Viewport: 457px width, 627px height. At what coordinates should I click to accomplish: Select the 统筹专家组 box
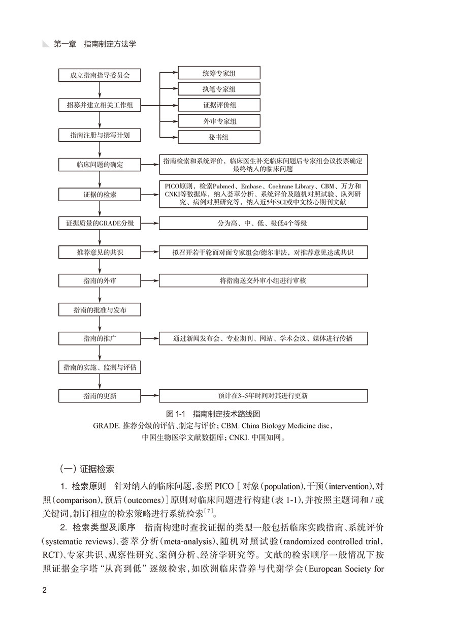coord(219,73)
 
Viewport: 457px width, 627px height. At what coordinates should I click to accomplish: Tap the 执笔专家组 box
coord(219,89)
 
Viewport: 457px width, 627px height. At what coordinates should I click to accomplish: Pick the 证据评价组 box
coord(219,105)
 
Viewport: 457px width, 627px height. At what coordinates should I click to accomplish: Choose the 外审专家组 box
coord(219,121)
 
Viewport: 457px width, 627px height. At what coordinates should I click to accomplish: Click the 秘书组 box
coord(219,137)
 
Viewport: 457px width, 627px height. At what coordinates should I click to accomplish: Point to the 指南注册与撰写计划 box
coord(100,136)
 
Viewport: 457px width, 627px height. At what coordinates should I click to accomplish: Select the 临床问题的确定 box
coord(100,165)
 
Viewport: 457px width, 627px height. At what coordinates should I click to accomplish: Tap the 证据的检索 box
coord(100,195)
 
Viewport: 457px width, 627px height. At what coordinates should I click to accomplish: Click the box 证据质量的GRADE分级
coord(100,223)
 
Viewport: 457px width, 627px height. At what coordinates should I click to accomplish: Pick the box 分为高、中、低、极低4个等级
coord(263,223)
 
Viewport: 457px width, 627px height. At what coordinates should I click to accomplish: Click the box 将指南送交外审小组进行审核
coord(263,280)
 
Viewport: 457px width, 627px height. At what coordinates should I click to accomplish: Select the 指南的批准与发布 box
coord(100,309)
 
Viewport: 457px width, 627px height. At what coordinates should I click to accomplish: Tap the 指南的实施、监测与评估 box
coord(100,367)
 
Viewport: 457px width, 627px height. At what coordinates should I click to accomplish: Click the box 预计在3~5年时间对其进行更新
coord(263,395)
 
